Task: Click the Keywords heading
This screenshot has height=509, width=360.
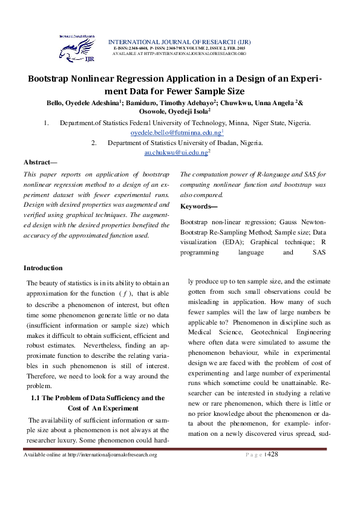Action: click(197, 206)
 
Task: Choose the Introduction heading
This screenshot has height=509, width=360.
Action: click(43, 268)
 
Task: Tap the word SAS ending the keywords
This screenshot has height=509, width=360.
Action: click(318, 251)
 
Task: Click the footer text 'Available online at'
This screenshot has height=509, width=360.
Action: click(45, 455)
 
